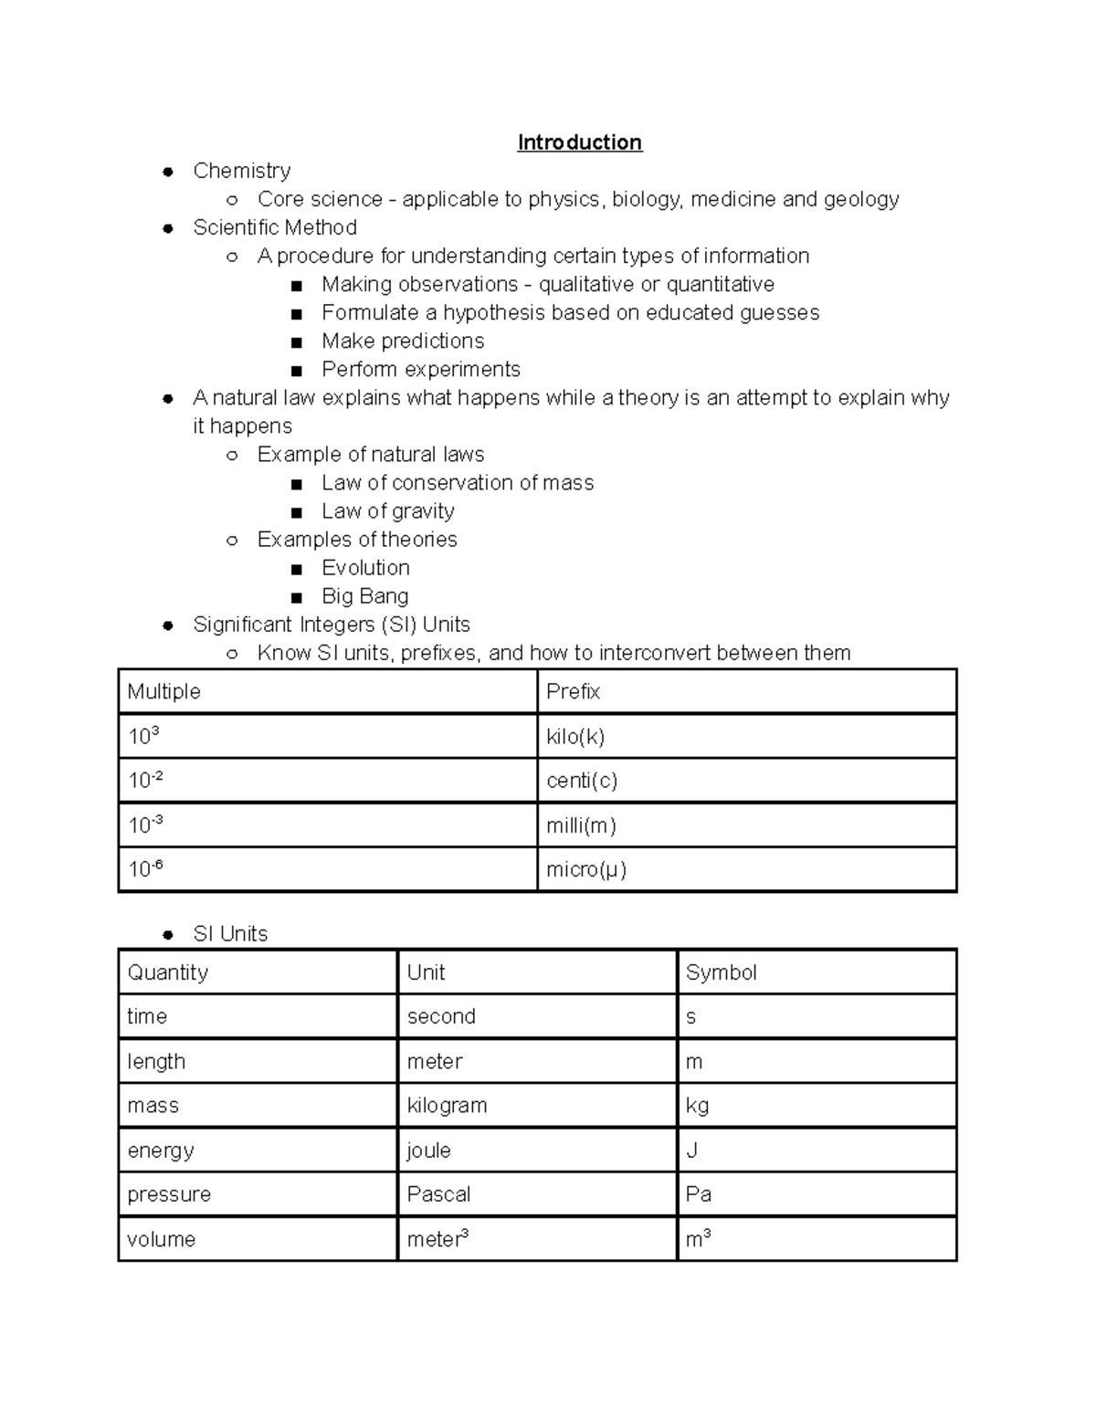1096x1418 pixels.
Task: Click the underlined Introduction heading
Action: tap(579, 142)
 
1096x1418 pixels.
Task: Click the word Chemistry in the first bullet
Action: tap(242, 171)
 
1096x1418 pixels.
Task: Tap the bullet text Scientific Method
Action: tap(275, 227)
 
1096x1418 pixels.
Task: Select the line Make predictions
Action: tap(403, 341)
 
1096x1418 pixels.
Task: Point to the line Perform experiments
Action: tap(420, 369)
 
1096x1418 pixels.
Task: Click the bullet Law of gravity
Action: tap(387, 511)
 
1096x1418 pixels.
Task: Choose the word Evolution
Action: tap(365, 568)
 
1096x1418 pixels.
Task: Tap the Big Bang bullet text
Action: tap(364, 596)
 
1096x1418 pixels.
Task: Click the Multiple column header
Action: tap(164, 691)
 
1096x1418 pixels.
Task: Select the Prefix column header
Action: tap(573, 691)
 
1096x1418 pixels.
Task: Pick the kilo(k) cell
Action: tap(575, 736)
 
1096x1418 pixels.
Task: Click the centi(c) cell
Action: tap(582, 781)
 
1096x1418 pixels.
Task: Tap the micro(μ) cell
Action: tap(586, 869)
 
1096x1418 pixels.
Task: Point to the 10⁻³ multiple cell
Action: tap(145, 825)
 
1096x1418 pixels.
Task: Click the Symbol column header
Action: tap(721, 972)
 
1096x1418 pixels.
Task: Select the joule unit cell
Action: tap(428, 1150)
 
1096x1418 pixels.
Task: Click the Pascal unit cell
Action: tap(438, 1194)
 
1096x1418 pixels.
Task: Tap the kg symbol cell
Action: tap(697, 1106)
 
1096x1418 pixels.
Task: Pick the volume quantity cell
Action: tap(162, 1239)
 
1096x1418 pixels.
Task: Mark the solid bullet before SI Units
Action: tap(167, 934)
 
